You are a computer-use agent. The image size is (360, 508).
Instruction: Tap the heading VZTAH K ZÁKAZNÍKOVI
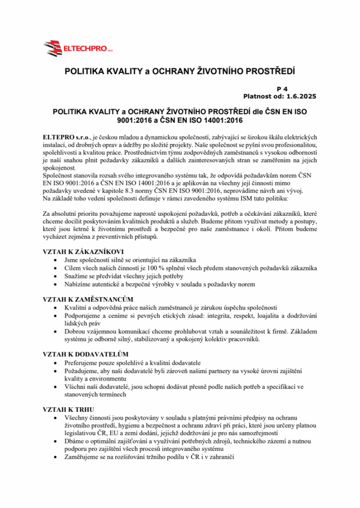[x=83, y=252]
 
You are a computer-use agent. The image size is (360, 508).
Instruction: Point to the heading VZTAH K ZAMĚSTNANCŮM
[x=88, y=299]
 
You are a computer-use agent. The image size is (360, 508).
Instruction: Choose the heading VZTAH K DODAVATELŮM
[x=86, y=354]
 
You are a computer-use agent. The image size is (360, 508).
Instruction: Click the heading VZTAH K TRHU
[x=67, y=409]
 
